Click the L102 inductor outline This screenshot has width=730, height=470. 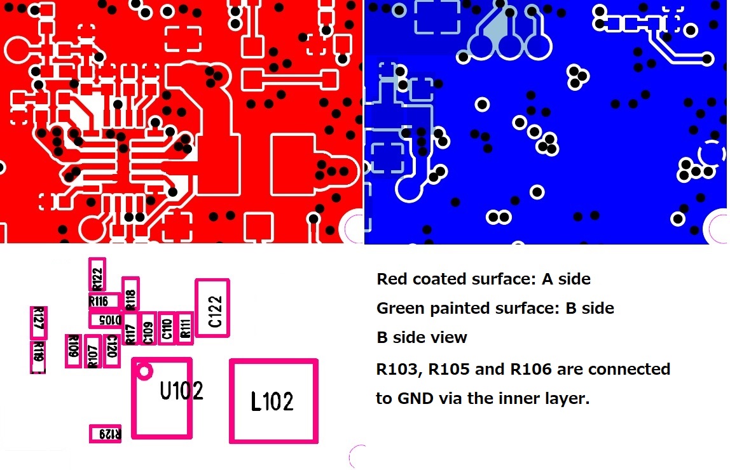(273, 401)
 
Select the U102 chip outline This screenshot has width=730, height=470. (162, 398)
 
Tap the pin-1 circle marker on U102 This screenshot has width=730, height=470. (144, 371)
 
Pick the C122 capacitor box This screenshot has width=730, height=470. (212, 308)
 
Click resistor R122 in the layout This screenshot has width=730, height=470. (97, 275)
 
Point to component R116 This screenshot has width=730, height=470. (104, 301)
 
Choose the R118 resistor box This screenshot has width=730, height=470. (130, 295)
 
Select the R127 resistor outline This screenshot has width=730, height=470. (38, 323)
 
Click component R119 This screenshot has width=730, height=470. (38, 357)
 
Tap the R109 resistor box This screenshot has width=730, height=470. (73, 351)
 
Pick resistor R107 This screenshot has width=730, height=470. (93, 351)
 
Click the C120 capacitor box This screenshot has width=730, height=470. (112, 351)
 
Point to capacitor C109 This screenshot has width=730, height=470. (148, 329)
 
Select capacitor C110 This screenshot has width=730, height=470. (167, 328)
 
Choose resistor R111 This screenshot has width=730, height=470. (185, 328)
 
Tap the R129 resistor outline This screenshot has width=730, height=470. (106, 433)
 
